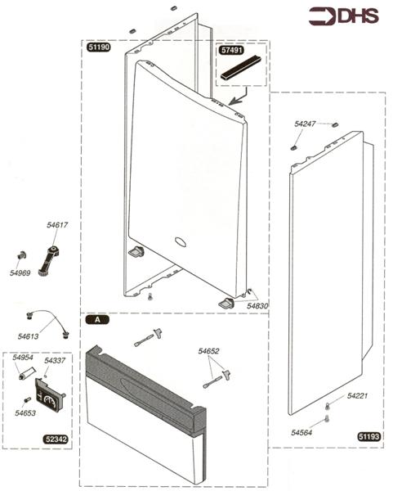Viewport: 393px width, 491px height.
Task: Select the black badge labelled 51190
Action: tap(100, 48)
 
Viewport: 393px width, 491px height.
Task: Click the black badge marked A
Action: tap(97, 320)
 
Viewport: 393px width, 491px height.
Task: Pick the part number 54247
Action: tap(305, 123)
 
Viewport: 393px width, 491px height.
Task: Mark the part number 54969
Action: tap(20, 272)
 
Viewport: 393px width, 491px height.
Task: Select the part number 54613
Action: tap(29, 336)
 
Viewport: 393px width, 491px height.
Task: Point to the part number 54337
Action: tap(55, 360)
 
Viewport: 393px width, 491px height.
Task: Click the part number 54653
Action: tap(26, 414)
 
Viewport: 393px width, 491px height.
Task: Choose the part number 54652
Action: tap(209, 351)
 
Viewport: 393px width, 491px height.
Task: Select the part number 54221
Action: tap(357, 395)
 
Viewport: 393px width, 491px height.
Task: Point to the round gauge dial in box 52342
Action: tap(51, 400)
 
